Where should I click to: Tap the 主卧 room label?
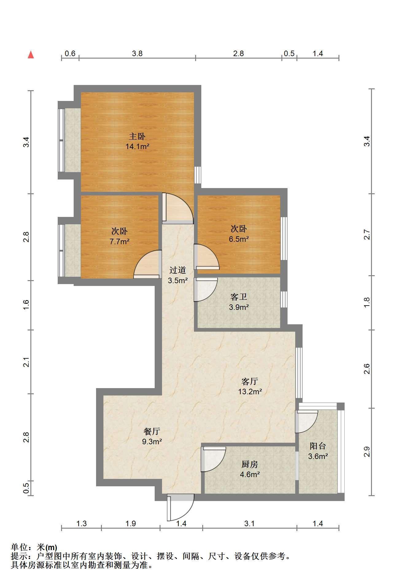click(137, 136)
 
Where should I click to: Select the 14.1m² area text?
click(137, 146)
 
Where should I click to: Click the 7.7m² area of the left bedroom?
click(119, 241)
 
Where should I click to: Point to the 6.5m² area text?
click(239, 239)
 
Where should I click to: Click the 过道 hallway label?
click(178, 270)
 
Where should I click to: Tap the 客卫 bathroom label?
click(239, 297)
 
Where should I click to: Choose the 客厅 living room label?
click(250, 381)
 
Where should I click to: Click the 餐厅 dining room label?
click(152, 431)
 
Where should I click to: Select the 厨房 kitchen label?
click(250, 464)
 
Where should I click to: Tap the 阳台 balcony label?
click(318, 446)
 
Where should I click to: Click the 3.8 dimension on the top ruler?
click(137, 53)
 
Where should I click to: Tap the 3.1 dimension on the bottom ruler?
click(249, 523)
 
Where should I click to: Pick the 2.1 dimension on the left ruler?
click(27, 362)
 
